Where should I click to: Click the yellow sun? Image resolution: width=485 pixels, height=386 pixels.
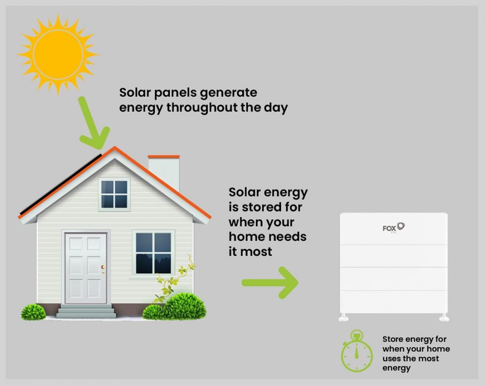pyautogui.click(x=57, y=54)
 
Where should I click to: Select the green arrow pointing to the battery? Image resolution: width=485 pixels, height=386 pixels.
pyautogui.click(x=270, y=283)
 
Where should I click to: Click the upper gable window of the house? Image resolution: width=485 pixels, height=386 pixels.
pyautogui.click(x=114, y=194)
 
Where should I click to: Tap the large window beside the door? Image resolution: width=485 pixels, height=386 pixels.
pyautogui.click(x=153, y=252)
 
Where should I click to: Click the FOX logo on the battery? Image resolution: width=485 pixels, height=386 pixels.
pyautogui.click(x=394, y=228)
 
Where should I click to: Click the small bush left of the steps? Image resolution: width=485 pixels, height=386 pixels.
pyautogui.click(x=33, y=312)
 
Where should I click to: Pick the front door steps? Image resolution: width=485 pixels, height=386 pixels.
pyautogui.click(x=86, y=311)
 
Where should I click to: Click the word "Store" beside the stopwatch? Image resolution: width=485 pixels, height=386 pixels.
pyautogui.click(x=393, y=339)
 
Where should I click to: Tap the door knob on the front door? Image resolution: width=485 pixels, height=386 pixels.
pyautogui.click(x=103, y=268)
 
